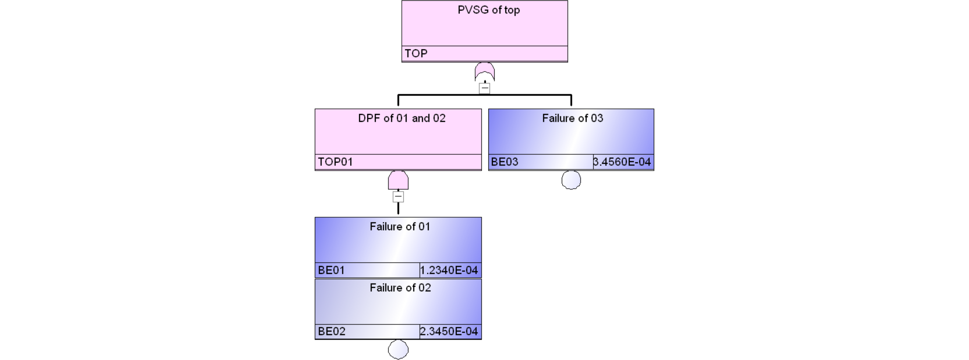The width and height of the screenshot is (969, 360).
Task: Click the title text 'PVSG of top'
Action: pos(489,10)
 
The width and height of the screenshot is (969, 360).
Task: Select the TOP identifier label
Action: pos(416,53)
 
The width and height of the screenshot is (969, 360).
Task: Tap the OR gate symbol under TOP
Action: pos(484,72)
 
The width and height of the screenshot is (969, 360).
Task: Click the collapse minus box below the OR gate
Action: pos(484,88)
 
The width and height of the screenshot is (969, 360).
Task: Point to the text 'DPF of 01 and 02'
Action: pos(402,119)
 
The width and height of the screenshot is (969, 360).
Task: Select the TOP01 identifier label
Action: pos(335,162)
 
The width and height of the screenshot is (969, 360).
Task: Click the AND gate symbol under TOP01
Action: pos(398,180)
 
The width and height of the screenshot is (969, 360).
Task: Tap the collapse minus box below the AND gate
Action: pos(398,196)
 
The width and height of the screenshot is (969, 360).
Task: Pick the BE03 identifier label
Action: pos(505,162)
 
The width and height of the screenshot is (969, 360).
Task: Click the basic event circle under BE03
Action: pos(571,180)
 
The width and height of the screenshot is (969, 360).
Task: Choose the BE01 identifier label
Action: pos(331,270)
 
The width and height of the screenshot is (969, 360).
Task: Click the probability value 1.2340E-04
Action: pos(449,270)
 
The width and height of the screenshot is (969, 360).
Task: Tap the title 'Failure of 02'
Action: pos(400,288)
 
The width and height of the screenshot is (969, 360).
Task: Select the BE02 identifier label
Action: pos(331,331)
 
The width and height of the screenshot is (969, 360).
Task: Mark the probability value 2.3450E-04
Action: pos(449,331)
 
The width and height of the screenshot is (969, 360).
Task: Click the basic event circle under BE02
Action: pos(398,350)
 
